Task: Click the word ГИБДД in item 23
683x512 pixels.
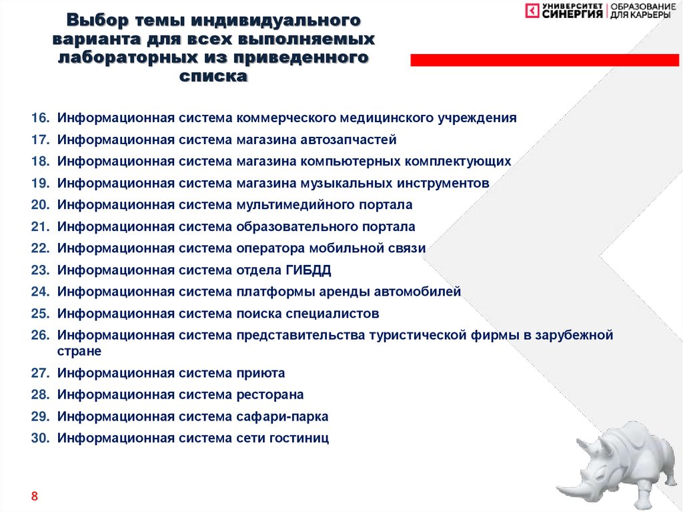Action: coord(308,270)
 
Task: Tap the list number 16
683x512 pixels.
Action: coord(39,118)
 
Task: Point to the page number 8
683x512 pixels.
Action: coord(34,497)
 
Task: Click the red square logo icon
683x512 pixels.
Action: coord(532,11)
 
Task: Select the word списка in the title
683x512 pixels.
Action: coord(213,76)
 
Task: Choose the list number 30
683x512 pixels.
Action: coord(39,439)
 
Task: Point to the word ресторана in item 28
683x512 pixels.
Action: coord(269,395)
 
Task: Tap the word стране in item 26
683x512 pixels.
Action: coord(79,351)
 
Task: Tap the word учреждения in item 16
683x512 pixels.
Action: coord(476,118)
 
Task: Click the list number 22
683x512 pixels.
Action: coord(39,248)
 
